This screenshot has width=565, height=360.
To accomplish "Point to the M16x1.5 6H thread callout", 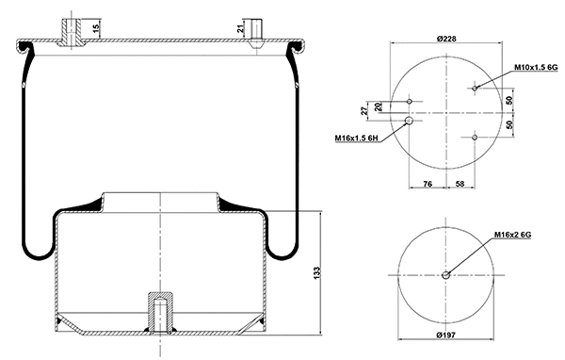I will [x=355, y=139].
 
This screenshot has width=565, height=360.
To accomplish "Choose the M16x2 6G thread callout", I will [x=512, y=235].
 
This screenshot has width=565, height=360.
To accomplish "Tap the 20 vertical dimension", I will [x=379, y=106].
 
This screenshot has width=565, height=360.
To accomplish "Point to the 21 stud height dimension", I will [x=240, y=29].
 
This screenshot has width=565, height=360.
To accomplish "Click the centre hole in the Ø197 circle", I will [x=445, y=275].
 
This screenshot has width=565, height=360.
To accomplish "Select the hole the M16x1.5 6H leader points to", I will [x=410, y=121].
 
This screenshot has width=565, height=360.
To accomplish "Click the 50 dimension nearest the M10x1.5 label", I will [x=508, y=100].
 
